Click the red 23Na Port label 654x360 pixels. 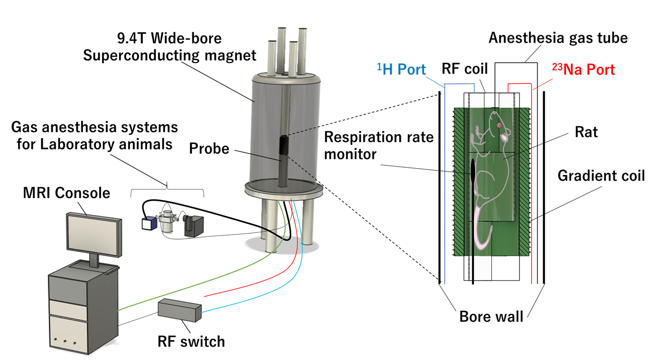(583, 70)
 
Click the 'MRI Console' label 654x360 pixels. (66, 193)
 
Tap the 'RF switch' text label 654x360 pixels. (191, 340)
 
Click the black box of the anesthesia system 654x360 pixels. (194, 226)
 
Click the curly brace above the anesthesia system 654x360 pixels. (167, 186)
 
